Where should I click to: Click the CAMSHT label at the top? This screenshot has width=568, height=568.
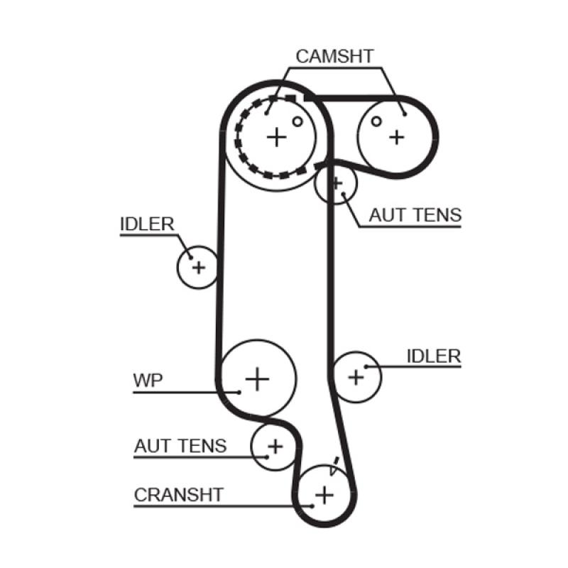tap(334, 57)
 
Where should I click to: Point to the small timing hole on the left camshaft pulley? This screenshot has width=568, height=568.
tap(297, 121)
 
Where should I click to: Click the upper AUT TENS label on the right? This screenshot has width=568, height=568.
tap(415, 214)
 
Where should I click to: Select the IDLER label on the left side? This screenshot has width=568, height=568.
tap(147, 224)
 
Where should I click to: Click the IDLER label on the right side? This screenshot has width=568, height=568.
tap(434, 356)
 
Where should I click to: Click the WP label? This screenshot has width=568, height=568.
tap(148, 379)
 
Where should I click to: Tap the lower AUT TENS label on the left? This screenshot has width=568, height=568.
tap(180, 446)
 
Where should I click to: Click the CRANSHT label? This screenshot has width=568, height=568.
tap(179, 494)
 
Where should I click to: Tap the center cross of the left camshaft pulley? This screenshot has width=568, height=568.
tap(277, 136)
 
